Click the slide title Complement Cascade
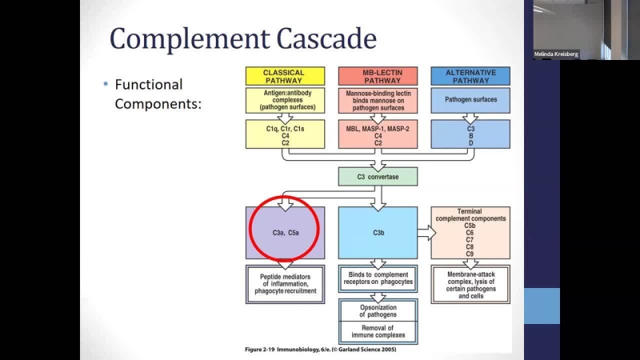tap(243, 38)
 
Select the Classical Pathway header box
tap(284, 76)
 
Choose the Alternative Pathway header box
tap(470, 76)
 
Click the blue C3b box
tap(378, 233)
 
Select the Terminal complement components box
tap(470, 233)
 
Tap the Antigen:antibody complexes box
tap(284, 100)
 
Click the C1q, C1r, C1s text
tap(284, 127)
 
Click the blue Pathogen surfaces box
tap(470, 100)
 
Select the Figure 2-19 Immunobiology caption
tap(320, 349)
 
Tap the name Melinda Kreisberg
tap(556, 54)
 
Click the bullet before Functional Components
tap(105, 85)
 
